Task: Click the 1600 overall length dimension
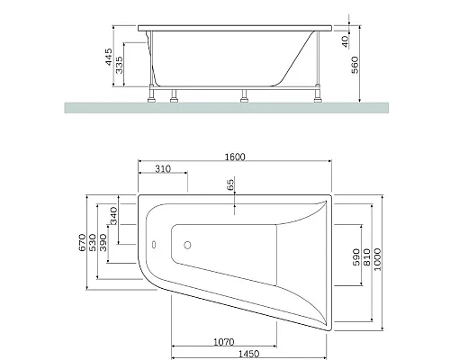(233, 157)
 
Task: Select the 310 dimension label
(162, 171)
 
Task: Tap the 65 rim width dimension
(230, 184)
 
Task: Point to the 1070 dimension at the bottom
(225, 341)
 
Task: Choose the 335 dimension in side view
(121, 67)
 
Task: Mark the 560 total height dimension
(357, 66)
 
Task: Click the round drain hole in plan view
(188, 243)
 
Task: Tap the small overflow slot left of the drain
(154, 243)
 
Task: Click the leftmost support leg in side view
(151, 94)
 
